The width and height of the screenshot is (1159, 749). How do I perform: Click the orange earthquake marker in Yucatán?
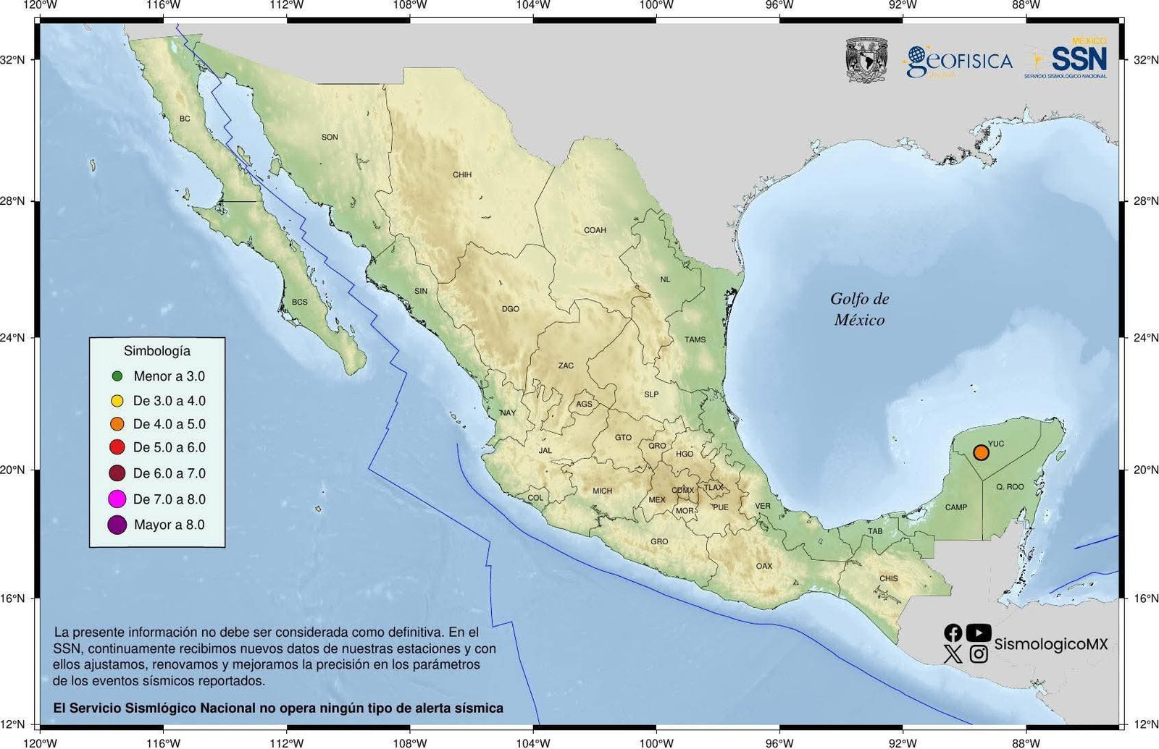[x=981, y=452]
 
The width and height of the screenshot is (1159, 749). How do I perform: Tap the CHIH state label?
[x=462, y=174]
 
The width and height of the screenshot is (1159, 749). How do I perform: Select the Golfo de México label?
[x=859, y=309]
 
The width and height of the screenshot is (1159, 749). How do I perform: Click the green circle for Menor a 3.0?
[x=117, y=376]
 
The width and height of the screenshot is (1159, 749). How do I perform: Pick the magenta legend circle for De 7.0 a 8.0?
[x=117, y=499]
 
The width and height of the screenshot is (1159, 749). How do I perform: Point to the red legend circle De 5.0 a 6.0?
[x=117, y=447]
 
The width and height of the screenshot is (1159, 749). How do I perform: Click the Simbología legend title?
[x=157, y=351]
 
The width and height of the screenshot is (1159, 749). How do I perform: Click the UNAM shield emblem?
[x=866, y=60]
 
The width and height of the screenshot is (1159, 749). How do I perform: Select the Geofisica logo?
[x=958, y=62]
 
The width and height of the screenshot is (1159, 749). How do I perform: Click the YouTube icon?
[x=979, y=632]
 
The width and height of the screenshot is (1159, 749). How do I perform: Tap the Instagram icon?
[x=979, y=654]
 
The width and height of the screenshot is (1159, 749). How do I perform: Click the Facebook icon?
[x=953, y=632]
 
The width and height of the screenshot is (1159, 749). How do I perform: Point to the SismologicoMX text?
[x=1050, y=644]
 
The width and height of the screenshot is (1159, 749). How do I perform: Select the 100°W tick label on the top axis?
[x=657, y=6]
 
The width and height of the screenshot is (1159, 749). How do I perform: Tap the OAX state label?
[x=764, y=566]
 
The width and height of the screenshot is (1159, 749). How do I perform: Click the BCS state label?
[x=299, y=302]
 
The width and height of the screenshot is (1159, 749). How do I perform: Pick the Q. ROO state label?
[x=1010, y=487]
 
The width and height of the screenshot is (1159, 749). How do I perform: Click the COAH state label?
[x=595, y=230]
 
